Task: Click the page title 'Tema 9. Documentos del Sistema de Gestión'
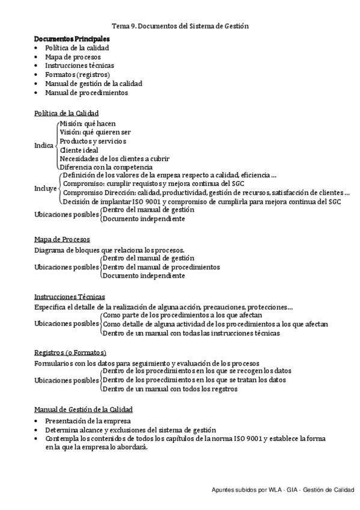coord(180,26)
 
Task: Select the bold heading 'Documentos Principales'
coord(72,38)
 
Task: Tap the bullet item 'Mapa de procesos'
coord(73,57)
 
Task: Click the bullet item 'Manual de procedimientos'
coord(87,93)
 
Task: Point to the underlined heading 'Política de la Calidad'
coord(67,113)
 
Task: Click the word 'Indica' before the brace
coord(44,145)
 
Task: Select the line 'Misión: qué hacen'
coord(88,123)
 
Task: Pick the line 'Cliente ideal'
coord(79,150)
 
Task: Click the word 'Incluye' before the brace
coord(45,188)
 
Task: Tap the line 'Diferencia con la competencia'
coord(106,167)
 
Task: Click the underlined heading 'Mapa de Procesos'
coord(62,239)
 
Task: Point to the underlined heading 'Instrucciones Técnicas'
coord(70,296)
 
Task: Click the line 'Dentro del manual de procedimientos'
coord(161,267)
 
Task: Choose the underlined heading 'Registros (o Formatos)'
coord(70,352)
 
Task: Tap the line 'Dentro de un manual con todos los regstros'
coord(170,389)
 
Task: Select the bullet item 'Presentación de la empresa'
coord(88,421)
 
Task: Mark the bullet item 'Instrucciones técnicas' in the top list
coord(79,66)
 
